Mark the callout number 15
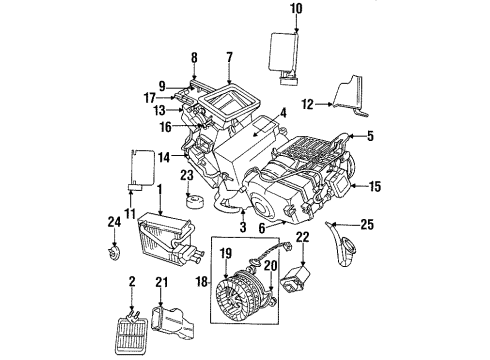[x=375, y=186]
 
